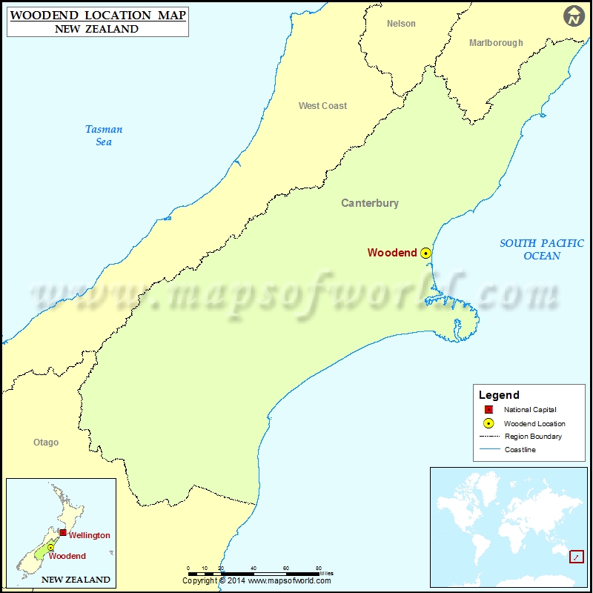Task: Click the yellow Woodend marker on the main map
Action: [x=425, y=253]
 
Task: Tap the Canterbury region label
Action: [x=369, y=203]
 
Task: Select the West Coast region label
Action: [x=322, y=106]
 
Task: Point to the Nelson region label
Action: [x=401, y=24]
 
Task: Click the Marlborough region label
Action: [x=496, y=43]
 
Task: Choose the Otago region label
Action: [x=46, y=443]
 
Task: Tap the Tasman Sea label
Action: [x=104, y=136]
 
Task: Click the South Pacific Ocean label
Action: [x=541, y=249]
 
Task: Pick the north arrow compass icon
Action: [x=574, y=16]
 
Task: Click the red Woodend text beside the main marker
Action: [x=392, y=253]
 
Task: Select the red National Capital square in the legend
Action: [x=488, y=410]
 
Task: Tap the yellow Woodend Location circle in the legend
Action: [x=488, y=424]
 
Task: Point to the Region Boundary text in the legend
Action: [x=533, y=437]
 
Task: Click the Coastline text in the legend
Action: [x=520, y=450]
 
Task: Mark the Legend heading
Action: [x=499, y=395]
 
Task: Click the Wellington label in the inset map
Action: [x=89, y=535]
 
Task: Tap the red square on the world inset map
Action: [x=576, y=557]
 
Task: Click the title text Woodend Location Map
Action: [x=98, y=16]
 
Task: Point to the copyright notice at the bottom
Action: [x=257, y=581]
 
